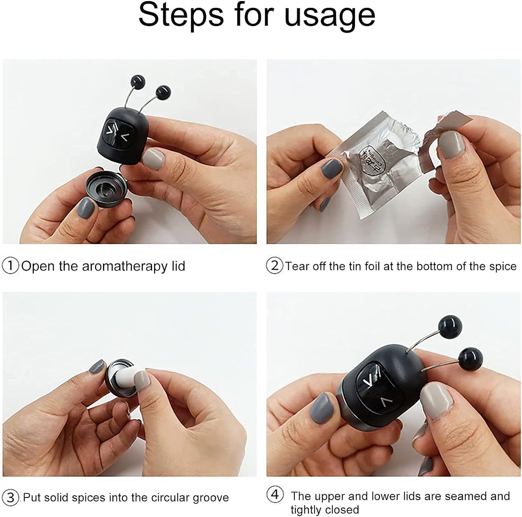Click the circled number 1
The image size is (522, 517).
(x=10, y=266)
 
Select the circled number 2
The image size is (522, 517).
(x=275, y=266)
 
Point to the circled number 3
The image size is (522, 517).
(x=10, y=497)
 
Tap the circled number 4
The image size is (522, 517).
(x=275, y=494)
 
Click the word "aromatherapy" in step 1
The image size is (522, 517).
(x=125, y=267)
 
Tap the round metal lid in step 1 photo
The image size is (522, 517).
(x=107, y=188)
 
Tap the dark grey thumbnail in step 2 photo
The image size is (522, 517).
(x=332, y=168)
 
